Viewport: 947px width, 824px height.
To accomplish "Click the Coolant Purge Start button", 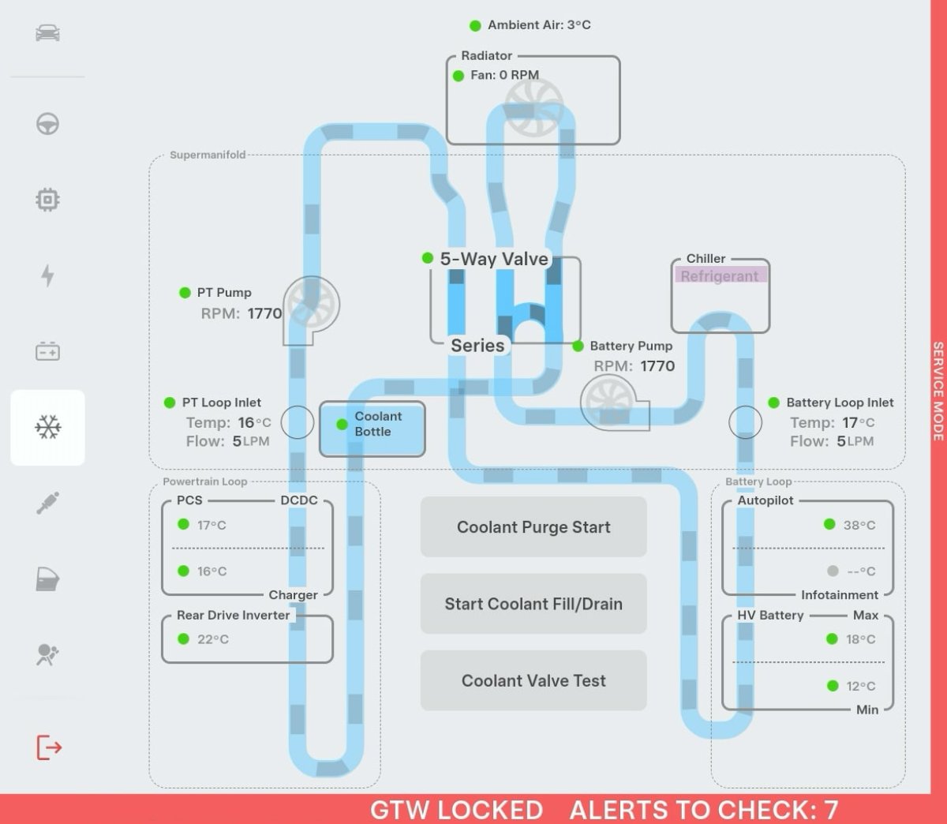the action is tap(533, 526).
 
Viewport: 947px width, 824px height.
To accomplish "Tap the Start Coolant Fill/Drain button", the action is tap(533, 604).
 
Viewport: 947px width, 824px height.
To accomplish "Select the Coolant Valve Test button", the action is tap(533, 680).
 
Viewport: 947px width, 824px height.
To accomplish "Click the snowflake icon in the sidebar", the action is tap(47, 427).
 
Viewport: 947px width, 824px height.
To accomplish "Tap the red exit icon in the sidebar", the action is tap(49, 747).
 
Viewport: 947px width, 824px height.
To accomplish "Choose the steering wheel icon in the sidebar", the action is tap(47, 124).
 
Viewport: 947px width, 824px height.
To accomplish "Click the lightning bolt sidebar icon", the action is tap(47, 275).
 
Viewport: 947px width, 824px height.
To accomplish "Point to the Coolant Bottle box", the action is tap(372, 429).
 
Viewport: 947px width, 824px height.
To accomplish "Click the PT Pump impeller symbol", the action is tap(311, 305).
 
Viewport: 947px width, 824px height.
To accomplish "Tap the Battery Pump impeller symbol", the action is tap(609, 402).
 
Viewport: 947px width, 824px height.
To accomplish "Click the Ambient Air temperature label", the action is tap(539, 25).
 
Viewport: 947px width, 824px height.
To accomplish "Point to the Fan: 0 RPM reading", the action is tap(504, 75).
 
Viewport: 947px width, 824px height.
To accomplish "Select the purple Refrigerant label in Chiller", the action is tap(720, 276).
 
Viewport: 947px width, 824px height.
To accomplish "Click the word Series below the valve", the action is tap(477, 346).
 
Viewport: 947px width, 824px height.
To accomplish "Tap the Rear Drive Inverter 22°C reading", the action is tap(213, 639).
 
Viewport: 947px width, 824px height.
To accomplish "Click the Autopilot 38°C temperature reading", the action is tap(859, 525).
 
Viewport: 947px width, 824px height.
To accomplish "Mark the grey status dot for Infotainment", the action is tap(833, 571).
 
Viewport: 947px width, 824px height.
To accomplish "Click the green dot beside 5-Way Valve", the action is tap(427, 258).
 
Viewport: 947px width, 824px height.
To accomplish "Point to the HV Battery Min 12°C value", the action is tap(861, 686).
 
